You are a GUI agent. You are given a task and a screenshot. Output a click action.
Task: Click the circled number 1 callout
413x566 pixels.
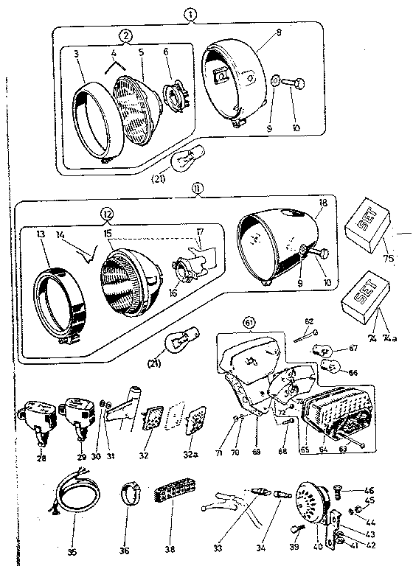point(191,14)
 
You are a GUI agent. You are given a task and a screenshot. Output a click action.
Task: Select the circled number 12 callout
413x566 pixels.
point(108,214)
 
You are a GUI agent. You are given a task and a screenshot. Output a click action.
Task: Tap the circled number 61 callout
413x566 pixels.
point(249,321)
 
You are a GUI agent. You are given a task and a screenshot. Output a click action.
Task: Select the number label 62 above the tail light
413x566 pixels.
point(309,322)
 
